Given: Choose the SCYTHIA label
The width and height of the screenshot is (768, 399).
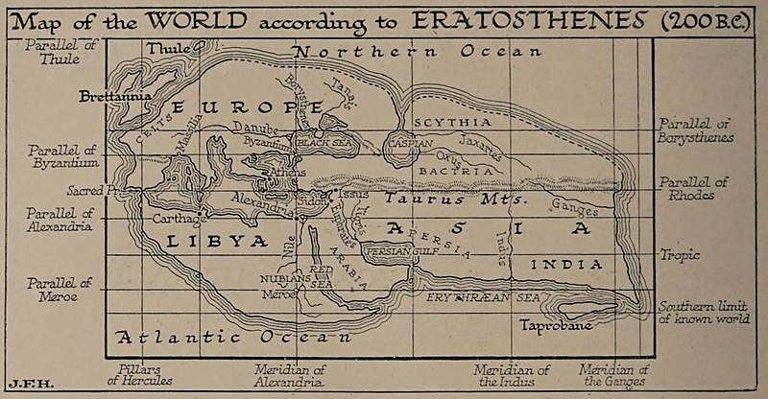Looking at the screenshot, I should [x=439, y=123].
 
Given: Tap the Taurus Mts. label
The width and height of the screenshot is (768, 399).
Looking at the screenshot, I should [x=451, y=201].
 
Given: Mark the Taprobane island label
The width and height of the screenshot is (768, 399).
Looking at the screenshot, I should [x=555, y=325].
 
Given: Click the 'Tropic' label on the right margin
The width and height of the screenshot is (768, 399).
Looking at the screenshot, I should [x=681, y=256].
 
